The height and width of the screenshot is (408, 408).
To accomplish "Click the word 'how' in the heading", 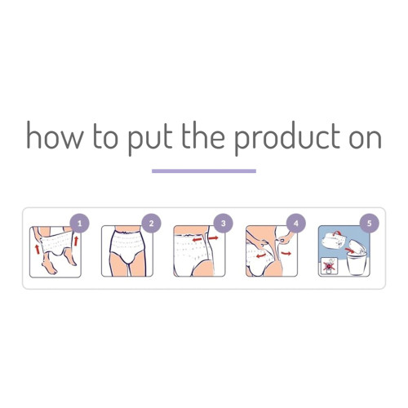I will pos(50,135).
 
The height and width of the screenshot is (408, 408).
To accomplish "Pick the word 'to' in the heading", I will pos(103,136).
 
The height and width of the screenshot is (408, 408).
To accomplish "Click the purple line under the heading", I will pos(204,171).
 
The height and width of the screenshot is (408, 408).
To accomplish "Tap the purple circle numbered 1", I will pos(78,223).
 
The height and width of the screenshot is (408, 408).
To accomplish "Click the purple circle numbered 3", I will pos(223,223).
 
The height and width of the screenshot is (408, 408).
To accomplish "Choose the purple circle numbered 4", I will pos(295,223).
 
